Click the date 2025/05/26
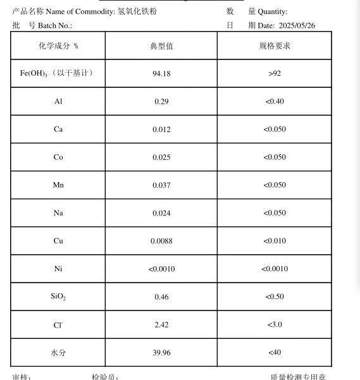(297, 25)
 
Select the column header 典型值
(161, 46)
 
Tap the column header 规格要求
(275, 46)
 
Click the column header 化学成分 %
(58, 46)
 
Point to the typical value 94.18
(161, 73)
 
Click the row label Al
(58, 101)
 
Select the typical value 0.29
(161, 101)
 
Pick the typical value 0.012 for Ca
(161, 129)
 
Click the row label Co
(58, 157)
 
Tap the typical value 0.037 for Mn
(161, 185)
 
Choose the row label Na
(58, 213)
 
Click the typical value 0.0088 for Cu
(161, 241)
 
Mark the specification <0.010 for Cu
(275, 241)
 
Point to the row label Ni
(58, 269)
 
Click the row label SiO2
(58, 297)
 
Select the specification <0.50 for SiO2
(275, 297)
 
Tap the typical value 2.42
(161, 324)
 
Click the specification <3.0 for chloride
(275, 324)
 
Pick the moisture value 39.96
(161, 352)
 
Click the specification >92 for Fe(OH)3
(275, 73)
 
